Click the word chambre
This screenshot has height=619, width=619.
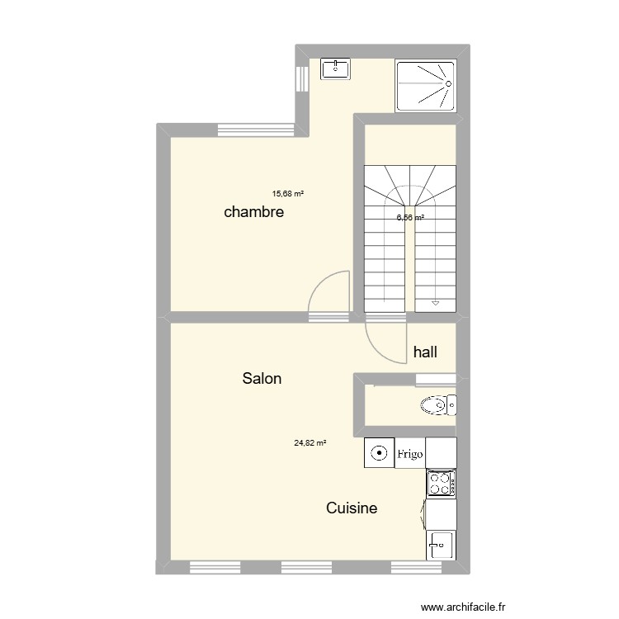click(254, 212)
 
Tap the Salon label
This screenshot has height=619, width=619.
click(262, 379)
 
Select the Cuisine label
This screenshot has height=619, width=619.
click(352, 508)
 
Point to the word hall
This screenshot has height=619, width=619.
click(425, 352)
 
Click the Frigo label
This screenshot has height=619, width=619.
click(410, 454)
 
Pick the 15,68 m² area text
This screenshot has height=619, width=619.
click(288, 194)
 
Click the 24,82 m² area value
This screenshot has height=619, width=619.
click(310, 442)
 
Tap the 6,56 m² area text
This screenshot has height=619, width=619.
click(410, 218)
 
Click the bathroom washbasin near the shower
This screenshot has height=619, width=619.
click(335, 68)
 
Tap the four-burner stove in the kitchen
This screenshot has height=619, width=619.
click(441, 484)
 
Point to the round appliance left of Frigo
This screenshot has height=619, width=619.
click(379, 452)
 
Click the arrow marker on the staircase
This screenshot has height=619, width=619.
click(435, 305)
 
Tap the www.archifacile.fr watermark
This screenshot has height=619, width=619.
click(463, 607)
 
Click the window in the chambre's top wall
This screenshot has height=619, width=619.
click(256, 129)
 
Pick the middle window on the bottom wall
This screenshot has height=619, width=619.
click(306, 567)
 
